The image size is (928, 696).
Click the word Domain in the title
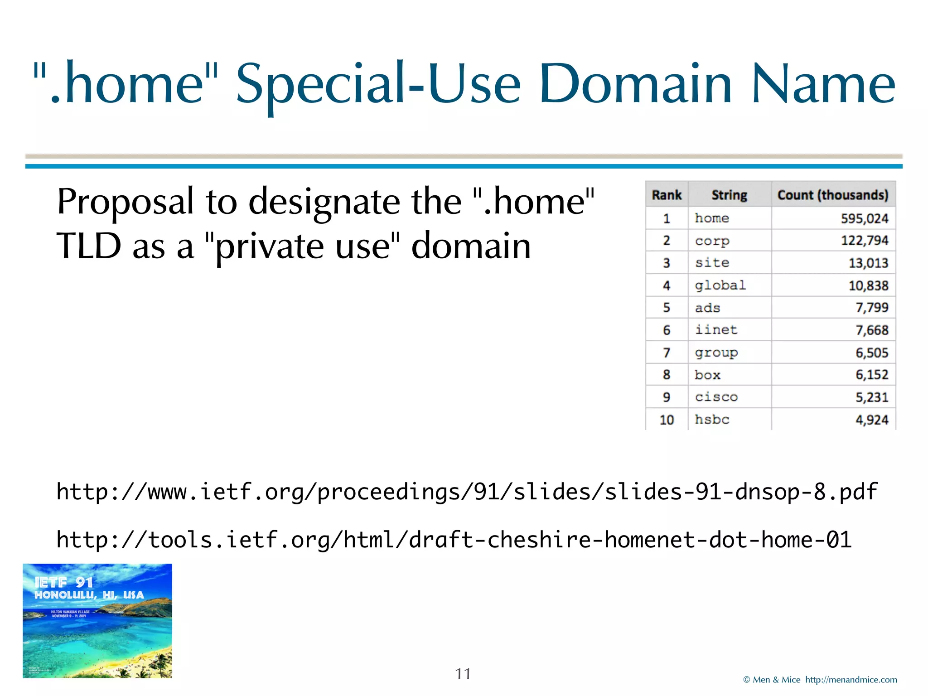(x=635, y=84)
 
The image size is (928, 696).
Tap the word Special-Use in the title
(x=378, y=84)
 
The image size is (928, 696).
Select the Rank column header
(x=667, y=195)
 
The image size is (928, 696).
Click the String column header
(x=729, y=195)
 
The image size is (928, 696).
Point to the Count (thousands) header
(x=833, y=195)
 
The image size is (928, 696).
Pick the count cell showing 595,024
(x=865, y=218)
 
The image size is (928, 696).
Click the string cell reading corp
(x=712, y=241)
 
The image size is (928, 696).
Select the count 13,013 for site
(x=868, y=263)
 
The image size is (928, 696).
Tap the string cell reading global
(x=720, y=285)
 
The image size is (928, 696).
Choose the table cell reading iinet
(x=716, y=330)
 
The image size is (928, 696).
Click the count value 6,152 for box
(x=872, y=375)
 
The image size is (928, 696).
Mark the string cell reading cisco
(x=716, y=397)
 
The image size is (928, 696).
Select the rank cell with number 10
(x=667, y=420)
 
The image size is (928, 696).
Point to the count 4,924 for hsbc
(x=872, y=420)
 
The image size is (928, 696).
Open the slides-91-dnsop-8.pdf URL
(x=467, y=492)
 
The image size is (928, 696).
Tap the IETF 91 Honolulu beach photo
(x=97, y=621)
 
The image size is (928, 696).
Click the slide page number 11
(x=463, y=674)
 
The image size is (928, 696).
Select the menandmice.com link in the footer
(x=851, y=680)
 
